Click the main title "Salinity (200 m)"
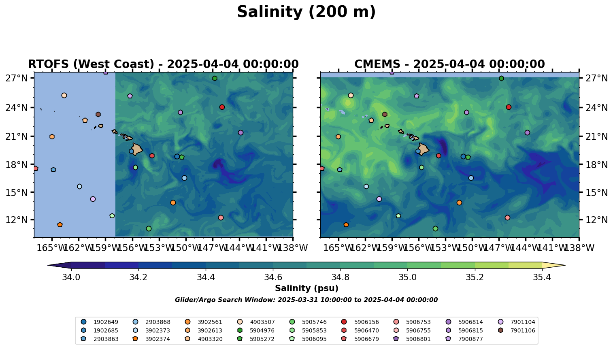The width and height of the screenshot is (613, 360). click(306, 12)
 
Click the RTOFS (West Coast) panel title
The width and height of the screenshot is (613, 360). click(163, 64)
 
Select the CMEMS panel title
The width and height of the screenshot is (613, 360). click(449, 64)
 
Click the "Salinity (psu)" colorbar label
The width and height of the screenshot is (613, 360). click(306, 288)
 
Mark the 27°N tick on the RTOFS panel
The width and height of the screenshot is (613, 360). click(17, 78)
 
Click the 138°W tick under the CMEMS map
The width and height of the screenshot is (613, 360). click(579, 248)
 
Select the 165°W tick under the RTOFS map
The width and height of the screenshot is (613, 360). click(51, 248)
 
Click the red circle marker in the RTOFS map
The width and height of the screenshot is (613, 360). click(222, 107)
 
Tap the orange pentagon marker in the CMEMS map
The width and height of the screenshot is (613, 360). click(346, 225)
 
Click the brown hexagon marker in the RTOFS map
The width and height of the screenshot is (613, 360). click(98, 115)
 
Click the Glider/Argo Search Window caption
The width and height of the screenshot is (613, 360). click(306, 300)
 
